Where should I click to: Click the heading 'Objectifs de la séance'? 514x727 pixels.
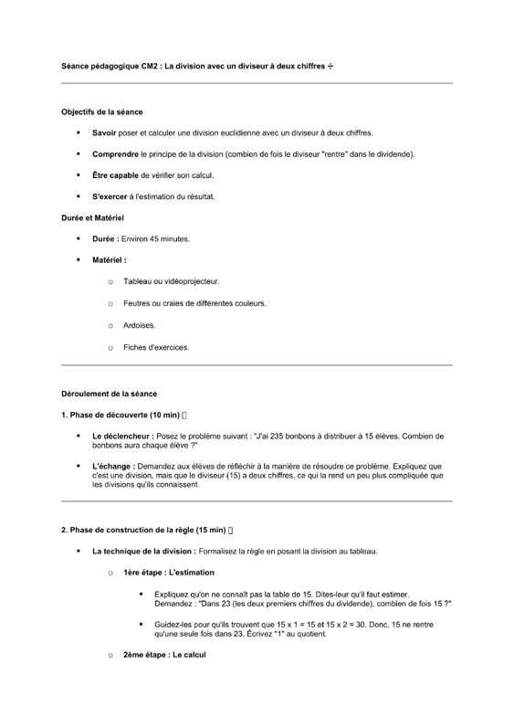point(101,112)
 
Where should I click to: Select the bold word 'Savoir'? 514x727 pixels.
point(104,133)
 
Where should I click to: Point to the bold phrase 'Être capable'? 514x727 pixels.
point(115,175)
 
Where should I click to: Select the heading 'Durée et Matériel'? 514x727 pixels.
point(92,218)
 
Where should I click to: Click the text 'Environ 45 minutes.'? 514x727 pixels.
point(155,239)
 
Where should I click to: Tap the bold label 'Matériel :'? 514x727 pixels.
point(110,260)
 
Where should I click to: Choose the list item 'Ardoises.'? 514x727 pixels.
point(140,325)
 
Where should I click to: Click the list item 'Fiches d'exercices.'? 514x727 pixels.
point(156,347)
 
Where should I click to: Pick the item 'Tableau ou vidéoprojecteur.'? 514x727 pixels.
point(171,281)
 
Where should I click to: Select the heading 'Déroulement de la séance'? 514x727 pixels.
point(109,394)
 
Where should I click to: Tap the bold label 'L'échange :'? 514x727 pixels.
point(112,466)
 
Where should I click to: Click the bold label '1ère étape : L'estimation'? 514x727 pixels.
point(169,573)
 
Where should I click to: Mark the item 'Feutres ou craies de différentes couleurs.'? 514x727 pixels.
point(194,303)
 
